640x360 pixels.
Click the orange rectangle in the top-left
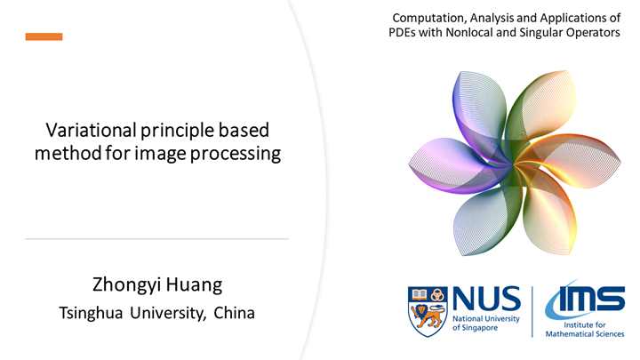pos(44,36)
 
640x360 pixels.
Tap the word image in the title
pos(179,154)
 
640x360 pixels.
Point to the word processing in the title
pos(241,154)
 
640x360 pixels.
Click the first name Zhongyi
pos(127,285)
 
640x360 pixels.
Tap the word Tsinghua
pos(93,313)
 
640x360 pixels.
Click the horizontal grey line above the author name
pos(157,239)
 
